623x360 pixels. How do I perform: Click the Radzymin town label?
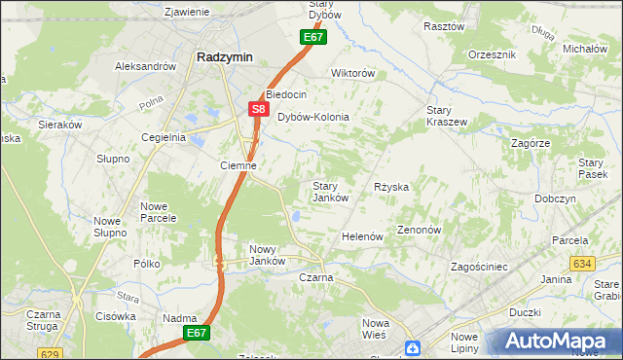(x=224, y=57)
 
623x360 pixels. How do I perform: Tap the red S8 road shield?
(x=257, y=110)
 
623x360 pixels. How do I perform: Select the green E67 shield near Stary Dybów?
(x=311, y=37)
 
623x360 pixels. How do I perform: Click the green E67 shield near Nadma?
(x=197, y=333)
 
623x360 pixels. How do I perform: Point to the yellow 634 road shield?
(x=582, y=264)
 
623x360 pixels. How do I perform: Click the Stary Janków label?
(x=330, y=192)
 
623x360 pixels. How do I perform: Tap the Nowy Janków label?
(x=267, y=255)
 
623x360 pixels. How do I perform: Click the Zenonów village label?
(x=421, y=231)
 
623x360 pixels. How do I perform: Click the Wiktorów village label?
(x=353, y=73)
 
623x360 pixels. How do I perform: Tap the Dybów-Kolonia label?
(x=313, y=117)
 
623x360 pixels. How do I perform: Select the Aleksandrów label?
(x=145, y=66)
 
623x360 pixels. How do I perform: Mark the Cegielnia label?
(x=163, y=137)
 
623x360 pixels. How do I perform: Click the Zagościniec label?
(x=480, y=266)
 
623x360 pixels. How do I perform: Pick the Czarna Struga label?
(x=44, y=320)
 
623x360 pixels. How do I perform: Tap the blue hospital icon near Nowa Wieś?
(x=413, y=348)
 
